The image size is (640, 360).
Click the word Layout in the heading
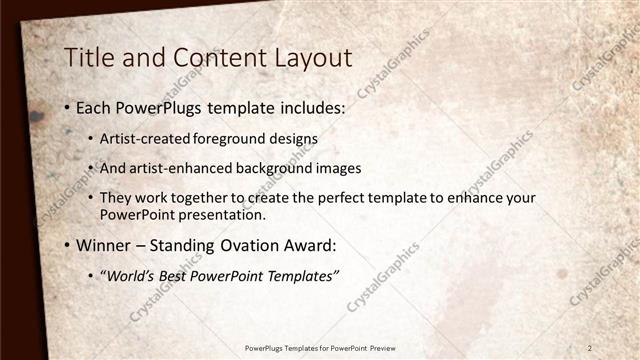(306, 58)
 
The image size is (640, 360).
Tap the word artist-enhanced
(180, 168)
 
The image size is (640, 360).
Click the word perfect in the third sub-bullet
(341, 197)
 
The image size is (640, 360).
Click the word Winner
(103, 244)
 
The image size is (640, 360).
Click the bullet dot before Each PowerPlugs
(67, 107)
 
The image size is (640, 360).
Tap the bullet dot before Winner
(67, 245)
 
